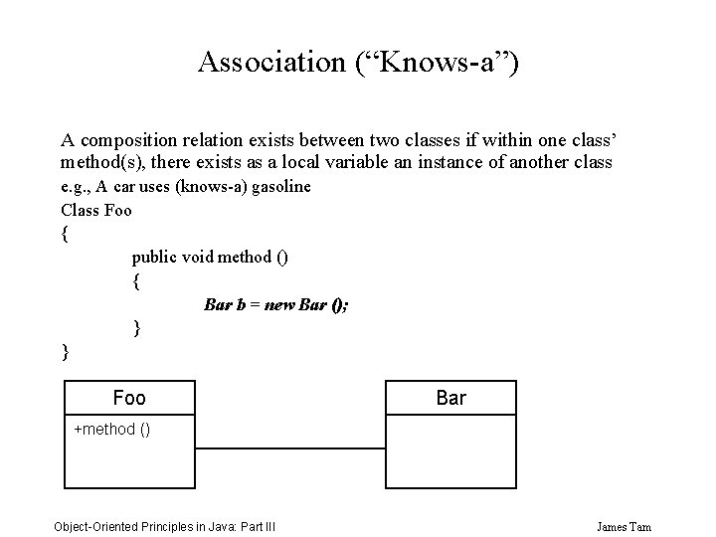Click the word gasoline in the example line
click(282, 186)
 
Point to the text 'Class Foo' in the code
click(96, 210)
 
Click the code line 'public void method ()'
click(210, 257)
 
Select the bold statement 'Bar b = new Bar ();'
click(275, 304)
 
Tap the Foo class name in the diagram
click(129, 398)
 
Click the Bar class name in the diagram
click(450, 398)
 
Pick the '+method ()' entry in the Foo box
click(112, 430)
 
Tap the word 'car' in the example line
click(125, 186)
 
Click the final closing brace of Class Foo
click(66, 350)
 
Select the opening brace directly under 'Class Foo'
click(66, 234)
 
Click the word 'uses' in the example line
click(157, 186)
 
